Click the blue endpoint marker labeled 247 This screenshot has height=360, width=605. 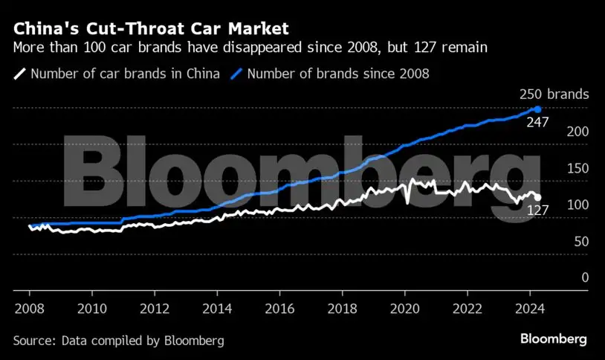coord(537,109)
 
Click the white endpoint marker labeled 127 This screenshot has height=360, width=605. coord(538,198)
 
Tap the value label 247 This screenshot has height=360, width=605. coord(537,123)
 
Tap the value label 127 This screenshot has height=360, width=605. coord(537,210)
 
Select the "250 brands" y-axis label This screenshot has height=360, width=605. coord(554,94)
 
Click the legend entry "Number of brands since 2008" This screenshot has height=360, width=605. coord(337,74)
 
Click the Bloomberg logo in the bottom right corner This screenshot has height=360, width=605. coord(554,339)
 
